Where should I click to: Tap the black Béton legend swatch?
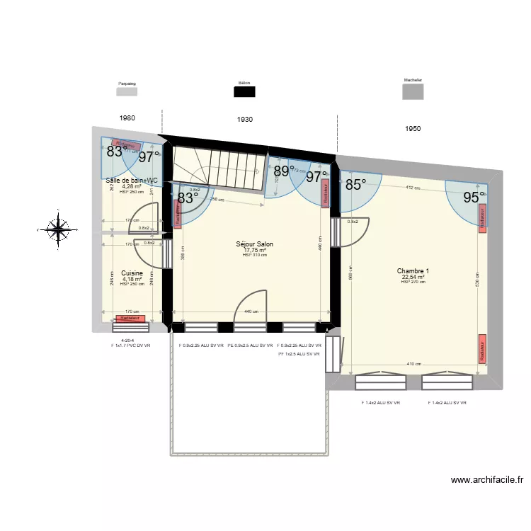point(245,91)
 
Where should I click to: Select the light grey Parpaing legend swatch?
point(127,91)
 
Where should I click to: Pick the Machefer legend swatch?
point(413,93)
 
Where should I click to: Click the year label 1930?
point(245,120)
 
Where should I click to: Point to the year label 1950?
point(413,129)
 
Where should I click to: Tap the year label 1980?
point(127,118)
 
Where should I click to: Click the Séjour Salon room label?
point(255,244)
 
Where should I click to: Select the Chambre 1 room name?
point(413,271)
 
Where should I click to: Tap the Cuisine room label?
point(132,273)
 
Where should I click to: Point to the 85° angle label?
point(356,185)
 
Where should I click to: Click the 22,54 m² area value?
point(413,277)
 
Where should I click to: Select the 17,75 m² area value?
point(255,250)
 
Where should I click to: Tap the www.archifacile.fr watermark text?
point(487,480)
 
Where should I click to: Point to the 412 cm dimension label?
point(413,188)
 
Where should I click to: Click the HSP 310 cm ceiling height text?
point(255,255)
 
